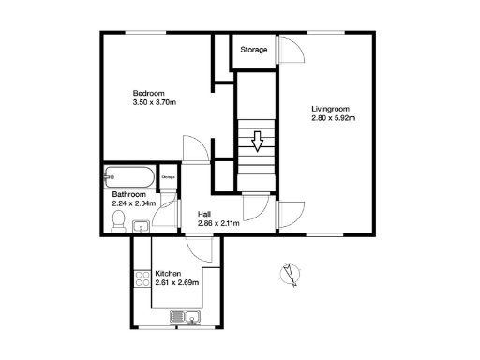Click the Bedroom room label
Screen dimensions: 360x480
click(149, 93)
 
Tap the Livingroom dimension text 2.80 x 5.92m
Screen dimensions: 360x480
click(337, 119)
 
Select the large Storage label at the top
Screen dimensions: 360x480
click(254, 50)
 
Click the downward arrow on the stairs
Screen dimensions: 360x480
click(257, 142)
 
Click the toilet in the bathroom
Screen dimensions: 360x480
click(119, 219)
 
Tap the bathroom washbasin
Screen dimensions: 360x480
click(141, 225)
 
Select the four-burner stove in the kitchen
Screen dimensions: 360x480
click(142, 278)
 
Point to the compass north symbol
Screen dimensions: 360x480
click(289, 275)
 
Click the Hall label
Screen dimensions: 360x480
click(204, 214)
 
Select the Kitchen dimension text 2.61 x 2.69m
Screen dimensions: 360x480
click(177, 283)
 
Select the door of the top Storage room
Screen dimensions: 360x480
click(290, 51)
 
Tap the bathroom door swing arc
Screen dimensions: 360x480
click(166, 214)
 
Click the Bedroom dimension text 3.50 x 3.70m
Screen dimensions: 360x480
click(156, 103)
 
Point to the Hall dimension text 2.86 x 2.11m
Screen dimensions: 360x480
click(218, 223)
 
